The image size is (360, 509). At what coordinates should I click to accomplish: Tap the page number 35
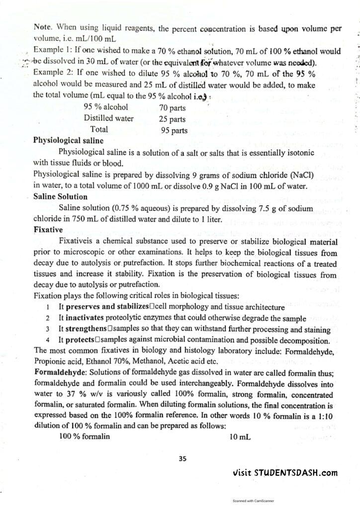coord(182,459)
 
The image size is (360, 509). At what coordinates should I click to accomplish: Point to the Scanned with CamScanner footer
coord(254,502)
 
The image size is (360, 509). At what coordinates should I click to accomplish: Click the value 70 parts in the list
coord(172,107)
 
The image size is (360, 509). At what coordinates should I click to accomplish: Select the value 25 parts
coord(172,119)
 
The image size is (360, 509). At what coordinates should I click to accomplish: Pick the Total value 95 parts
coord(174,131)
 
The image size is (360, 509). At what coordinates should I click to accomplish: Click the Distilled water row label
coord(108,119)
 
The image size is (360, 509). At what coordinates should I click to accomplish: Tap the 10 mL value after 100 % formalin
coord(241,437)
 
